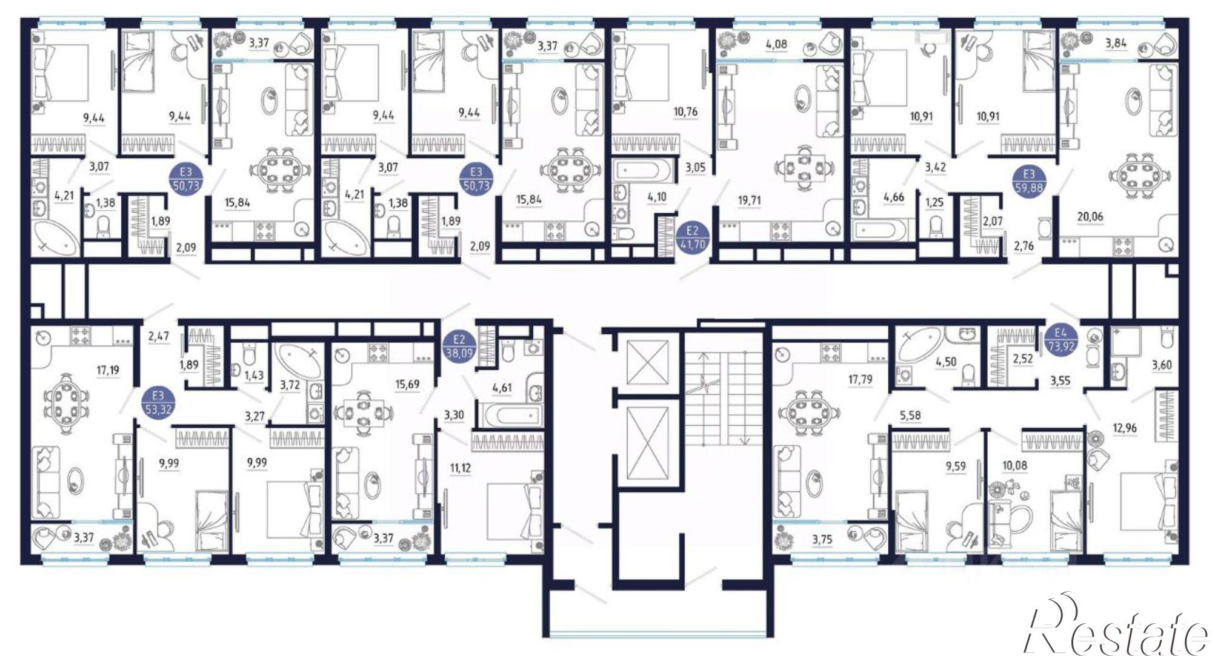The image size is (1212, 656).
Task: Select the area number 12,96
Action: click(x=1125, y=428)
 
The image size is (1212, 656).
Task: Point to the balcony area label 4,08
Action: click(x=776, y=44)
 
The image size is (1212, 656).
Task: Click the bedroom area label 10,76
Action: click(x=685, y=111)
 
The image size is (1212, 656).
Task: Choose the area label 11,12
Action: click(x=460, y=468)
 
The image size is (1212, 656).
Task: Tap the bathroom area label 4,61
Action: click(x=502, y=388)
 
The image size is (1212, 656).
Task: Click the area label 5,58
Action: click(x=910, y=416)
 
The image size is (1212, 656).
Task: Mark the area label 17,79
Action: click(x=860, y=380)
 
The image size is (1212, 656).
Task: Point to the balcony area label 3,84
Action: click(x=1116, y=43)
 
